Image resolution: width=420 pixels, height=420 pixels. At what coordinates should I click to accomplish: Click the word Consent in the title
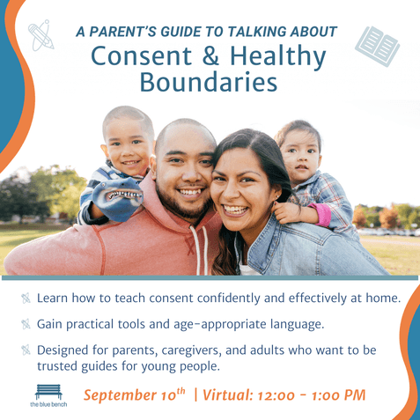click(142, 55)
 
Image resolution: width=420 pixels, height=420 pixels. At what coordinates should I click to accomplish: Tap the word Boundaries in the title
click(209, 82)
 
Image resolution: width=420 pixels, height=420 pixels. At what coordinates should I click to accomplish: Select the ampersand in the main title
click(210, 55)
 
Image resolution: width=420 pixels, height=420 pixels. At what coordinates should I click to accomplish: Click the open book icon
click(377, 46)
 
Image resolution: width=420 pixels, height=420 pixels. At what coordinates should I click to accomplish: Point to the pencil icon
click(41, 35)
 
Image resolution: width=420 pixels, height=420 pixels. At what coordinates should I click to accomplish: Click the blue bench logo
click(48, 395)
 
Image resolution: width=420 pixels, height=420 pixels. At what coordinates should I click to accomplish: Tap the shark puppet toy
click(117, 200)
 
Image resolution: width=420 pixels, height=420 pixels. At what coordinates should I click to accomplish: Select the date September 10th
click(135, 394)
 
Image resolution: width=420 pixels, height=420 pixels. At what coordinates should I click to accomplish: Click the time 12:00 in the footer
click(276, 395)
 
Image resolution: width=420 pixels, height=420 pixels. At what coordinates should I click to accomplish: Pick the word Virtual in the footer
click(228, 394)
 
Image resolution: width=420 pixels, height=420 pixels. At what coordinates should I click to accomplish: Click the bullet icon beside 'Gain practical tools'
click(26, 324)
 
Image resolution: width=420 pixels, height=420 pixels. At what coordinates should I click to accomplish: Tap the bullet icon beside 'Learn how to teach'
click(26, 298)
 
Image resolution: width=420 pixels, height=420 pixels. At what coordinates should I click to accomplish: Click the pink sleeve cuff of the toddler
click(322, 214)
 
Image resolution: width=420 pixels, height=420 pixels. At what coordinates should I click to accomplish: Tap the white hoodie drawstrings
click(200, 251)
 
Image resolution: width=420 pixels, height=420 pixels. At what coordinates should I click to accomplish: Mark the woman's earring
click(276, 196)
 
